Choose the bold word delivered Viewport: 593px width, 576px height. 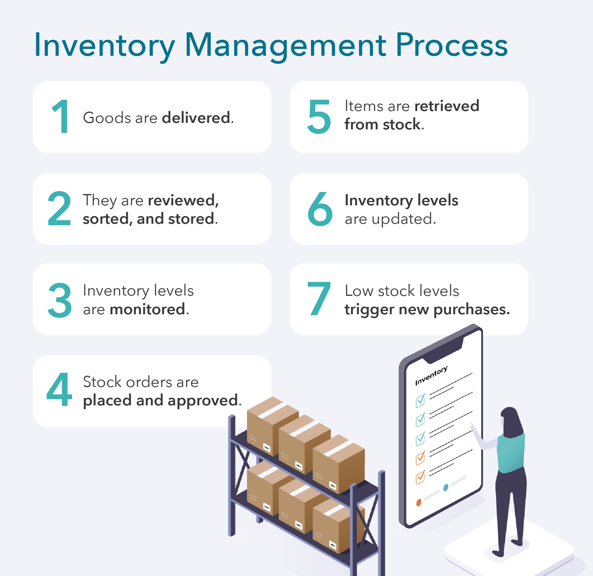196,118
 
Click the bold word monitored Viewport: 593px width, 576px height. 147,309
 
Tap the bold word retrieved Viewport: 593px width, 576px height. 447,106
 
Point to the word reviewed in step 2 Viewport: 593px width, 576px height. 182,200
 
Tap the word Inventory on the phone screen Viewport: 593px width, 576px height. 431,375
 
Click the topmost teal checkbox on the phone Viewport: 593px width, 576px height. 420,400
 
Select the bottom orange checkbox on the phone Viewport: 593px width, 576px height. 420,477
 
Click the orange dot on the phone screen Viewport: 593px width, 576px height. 419,503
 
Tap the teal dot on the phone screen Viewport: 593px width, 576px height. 445,488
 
